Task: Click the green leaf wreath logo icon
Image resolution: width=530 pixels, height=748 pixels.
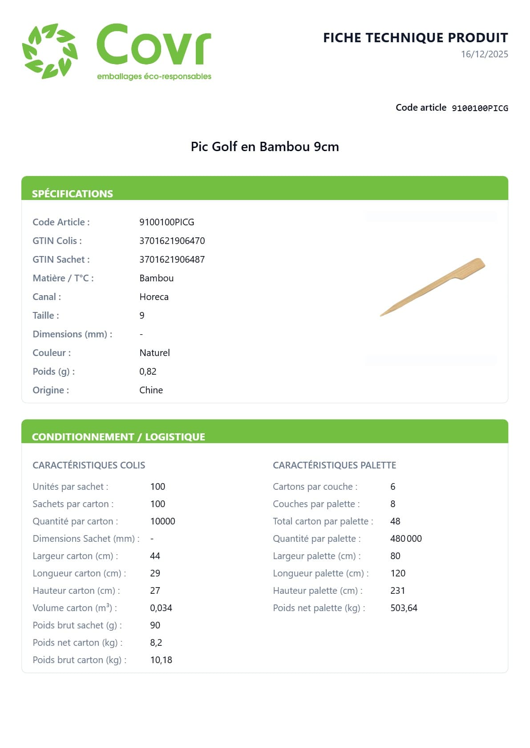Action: pos(50,51)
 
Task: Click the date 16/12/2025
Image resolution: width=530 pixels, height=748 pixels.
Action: pos(484,54)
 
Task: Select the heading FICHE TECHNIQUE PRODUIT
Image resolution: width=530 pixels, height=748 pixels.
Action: pos(415,38)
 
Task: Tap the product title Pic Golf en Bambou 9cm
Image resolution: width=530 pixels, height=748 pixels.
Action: pos(265,147)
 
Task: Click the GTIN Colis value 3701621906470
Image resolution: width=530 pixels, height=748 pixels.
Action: pos(172,241)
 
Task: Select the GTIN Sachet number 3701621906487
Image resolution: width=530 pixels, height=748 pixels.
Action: pos(172,260)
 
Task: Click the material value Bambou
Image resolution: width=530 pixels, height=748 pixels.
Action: pos(156,278)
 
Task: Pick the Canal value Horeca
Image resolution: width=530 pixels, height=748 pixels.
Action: pos(154,297)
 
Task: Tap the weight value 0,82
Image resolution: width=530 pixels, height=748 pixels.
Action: pos(148,372)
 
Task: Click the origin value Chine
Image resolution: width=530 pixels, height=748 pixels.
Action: pos(151,390)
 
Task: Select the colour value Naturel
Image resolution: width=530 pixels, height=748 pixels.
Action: pos(154,353)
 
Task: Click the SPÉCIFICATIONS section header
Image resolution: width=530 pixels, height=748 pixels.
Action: pos(73,194)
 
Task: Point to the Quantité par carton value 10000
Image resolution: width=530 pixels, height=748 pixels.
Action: pos(162,521)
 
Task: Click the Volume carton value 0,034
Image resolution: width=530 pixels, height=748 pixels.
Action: pos(161,608)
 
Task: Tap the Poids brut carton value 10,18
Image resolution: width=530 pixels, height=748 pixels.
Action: pos(161,660)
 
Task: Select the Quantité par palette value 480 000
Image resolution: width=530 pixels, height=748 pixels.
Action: pos(405,539)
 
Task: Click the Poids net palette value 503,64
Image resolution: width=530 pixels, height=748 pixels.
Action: pos(404,608)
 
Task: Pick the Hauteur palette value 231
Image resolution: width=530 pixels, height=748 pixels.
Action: pos(397,591)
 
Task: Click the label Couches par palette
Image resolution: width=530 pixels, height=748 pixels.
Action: pos(316,504)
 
